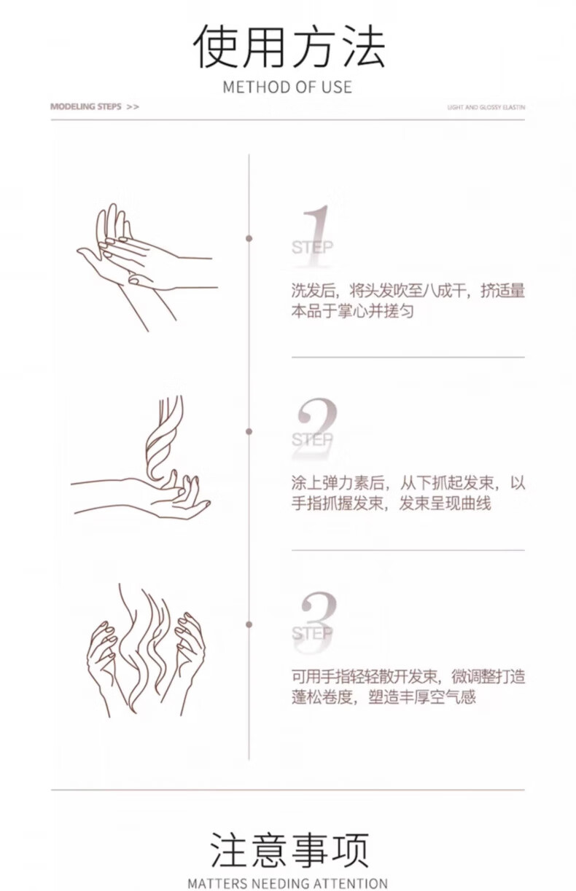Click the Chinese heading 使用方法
click(x=289, y=47)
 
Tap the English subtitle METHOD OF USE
click(x=287, y=87)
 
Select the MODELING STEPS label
click(x=85, y=106)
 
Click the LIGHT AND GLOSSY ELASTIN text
click(x=486, y=107)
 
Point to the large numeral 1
click(x=317, y=235)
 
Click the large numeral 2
click(x=317, y=428)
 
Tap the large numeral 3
click(x=317, y=621)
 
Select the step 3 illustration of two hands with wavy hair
click(x=146, y=651)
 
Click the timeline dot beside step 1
click(x=249, y=238)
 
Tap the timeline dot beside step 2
click(x=249, y=431)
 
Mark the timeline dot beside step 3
click(x=249, y=625)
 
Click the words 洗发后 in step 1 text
click(x=313, y=291)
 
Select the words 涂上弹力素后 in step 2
click(x=338, y=483)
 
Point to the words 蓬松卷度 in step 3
click(x=322, y=696)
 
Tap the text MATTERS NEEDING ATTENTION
click(x=287, y=884)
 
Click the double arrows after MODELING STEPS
click(x=133, y=107)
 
